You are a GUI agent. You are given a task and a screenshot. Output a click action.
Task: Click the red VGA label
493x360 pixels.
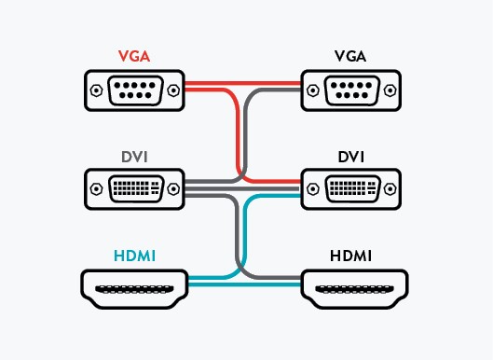pyautogui.click(x=134, y=56)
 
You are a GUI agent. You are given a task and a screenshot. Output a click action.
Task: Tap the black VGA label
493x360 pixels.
pyautogui.click(x=350, y=56)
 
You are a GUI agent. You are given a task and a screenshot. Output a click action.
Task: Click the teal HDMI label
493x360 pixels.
pyautogui.click(x=134, y=254)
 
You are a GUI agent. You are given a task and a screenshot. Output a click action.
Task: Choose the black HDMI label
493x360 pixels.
pyautogui.click(x=350, y=254)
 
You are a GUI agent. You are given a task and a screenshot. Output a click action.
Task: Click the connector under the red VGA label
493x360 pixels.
pyautogui.click(x=134, y=92)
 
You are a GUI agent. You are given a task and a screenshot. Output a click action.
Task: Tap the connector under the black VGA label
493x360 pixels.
pyautogui.click(x=350, y=92)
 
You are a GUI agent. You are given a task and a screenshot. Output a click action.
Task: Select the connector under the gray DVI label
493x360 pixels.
pyautogui.click(x=134, y=189)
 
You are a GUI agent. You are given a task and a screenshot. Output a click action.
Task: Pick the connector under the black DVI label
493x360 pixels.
pyautogui.click(x=350, y=189)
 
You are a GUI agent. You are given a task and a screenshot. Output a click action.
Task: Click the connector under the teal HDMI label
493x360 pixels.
pyautogui.click(x=134, y=288)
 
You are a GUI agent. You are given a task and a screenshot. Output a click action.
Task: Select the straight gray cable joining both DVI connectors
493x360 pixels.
pyautogui.click(x=244, y=189)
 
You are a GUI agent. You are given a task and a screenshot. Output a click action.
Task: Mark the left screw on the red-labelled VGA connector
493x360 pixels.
pyautogui.click(x=97, y=92)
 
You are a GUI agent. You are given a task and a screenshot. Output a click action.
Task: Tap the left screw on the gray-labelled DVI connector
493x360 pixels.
pyautogui.click(x=97, y=189)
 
